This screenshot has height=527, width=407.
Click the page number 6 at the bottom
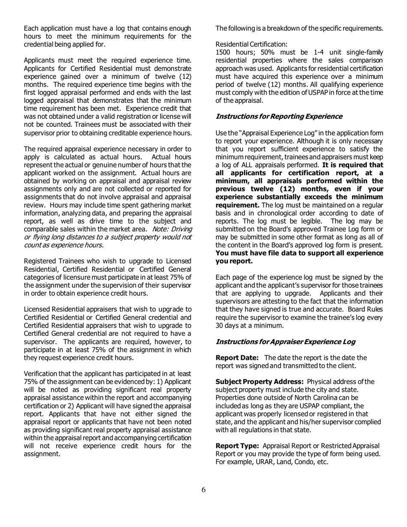tap(203, 490)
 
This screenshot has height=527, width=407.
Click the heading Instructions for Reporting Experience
tap(278, 116)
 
